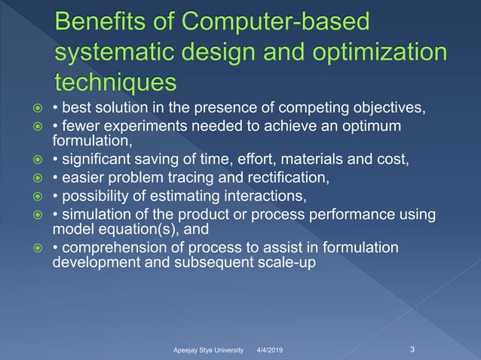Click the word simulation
click(x=96, y=216)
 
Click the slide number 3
click(x=412, y=349)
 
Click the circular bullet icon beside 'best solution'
click(x=34, y=114)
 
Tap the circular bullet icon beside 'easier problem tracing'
click(x=34, y=178)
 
